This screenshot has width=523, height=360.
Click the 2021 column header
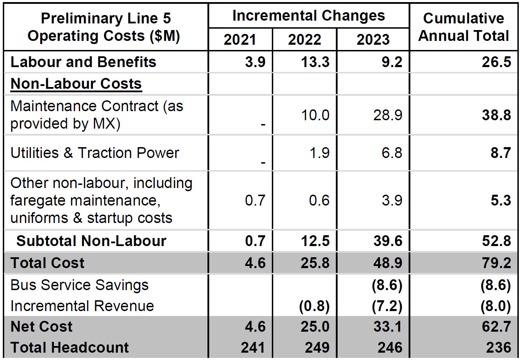240,39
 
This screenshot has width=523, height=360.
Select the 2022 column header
304,39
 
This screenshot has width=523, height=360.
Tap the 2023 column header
373,39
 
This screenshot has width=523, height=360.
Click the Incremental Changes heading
308,16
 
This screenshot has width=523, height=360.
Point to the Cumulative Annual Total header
464,27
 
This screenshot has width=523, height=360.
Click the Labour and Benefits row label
83,62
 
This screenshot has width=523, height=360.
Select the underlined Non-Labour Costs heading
76,84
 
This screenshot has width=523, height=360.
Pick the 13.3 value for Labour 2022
315,62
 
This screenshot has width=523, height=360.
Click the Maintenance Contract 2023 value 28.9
388,115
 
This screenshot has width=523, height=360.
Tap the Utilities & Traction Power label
94,153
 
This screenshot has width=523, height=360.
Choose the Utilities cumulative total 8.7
501,153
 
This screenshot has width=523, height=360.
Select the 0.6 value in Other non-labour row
319,200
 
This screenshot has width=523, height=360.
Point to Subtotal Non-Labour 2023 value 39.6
388,241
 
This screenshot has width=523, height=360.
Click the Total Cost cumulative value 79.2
496,263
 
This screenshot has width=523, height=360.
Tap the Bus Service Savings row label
79,285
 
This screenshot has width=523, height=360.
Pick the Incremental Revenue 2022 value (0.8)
314,306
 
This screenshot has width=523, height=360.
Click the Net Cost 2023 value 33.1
388,326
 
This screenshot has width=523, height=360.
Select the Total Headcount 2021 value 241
253,347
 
